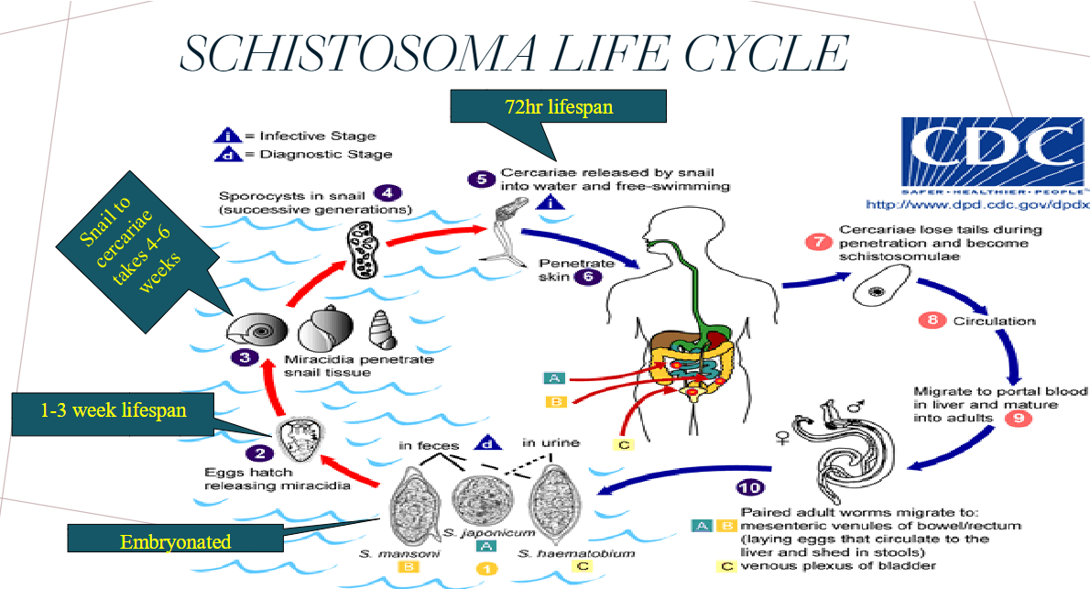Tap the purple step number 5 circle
(x=482, y=177)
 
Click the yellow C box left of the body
(x=623, y=445)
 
